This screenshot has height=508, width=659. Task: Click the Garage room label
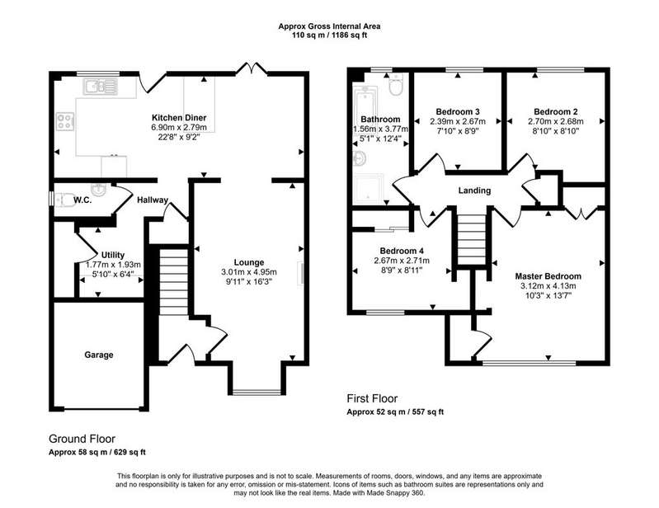pos(99,355)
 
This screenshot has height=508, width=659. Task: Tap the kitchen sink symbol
pos(100,87)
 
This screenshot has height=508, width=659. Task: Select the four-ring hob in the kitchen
pos(65,121)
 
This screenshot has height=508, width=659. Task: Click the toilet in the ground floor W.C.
pos(61,200)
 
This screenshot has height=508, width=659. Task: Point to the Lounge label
pos(249,262)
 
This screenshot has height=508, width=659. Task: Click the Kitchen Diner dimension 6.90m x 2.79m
pos(179,127)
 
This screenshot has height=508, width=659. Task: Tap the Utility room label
pos(113,255)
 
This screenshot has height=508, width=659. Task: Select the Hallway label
pos(153,200)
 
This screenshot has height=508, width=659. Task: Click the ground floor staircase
pos(173,281)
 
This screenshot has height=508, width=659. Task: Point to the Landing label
pos(474,190)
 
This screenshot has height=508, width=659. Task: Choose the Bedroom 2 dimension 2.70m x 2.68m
pos(556,121)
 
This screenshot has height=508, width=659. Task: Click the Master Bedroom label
pos(548,276)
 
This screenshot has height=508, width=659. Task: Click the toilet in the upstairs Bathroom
pos(396,84)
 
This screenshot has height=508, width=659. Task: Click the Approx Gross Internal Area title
pos(330,26)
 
